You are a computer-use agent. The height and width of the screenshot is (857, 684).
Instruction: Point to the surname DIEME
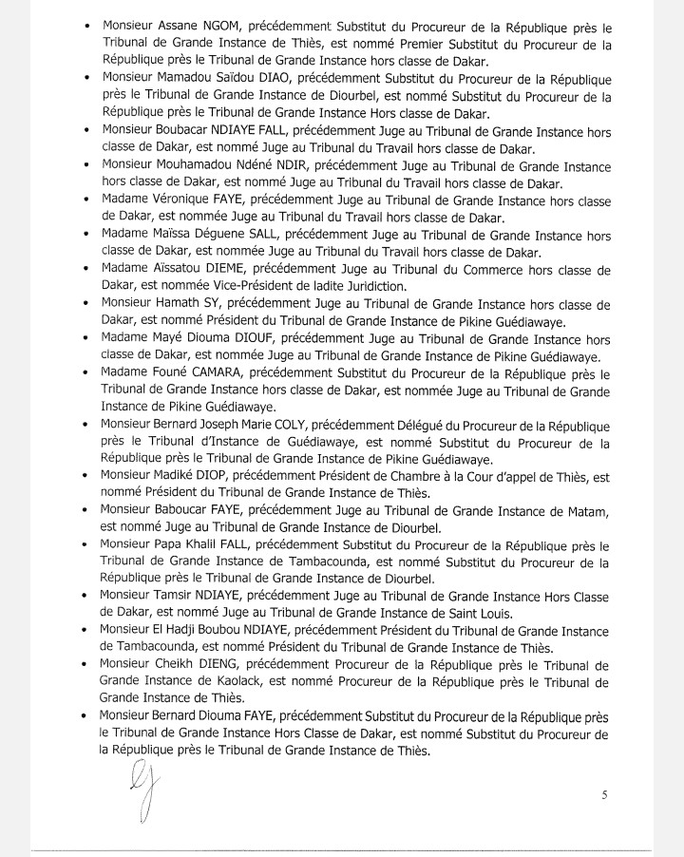[231, 268]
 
